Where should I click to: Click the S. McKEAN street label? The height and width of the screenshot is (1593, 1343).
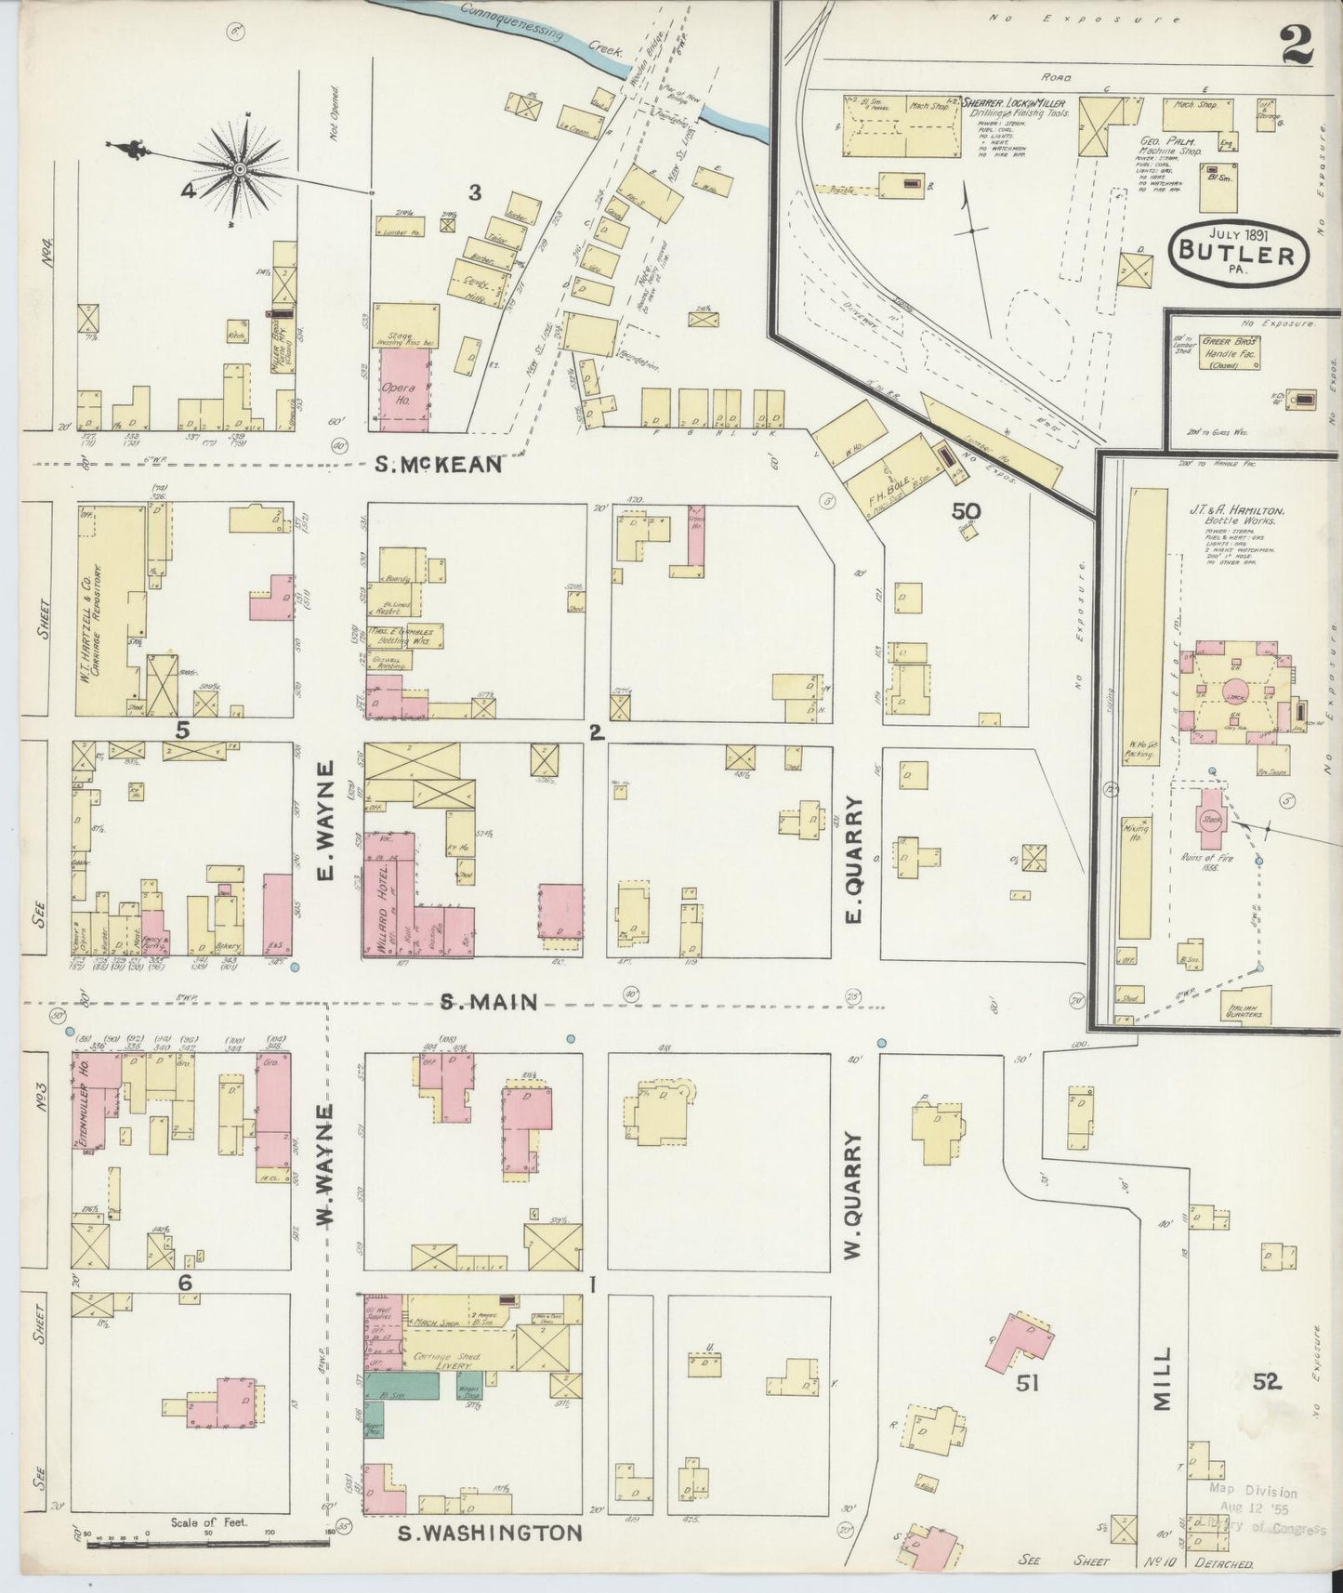click(x=438, y=464)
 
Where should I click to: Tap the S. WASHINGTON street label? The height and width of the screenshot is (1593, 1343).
click(x=490, y=1533)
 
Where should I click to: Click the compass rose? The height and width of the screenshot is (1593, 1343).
click(x=241, y=168)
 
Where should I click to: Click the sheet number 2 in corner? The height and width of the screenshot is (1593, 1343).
click(x=1297, y=46)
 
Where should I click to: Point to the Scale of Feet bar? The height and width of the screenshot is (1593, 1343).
click(x=206, y=1543)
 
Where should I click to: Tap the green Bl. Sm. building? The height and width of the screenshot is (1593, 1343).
click(x=401, y=1387)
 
